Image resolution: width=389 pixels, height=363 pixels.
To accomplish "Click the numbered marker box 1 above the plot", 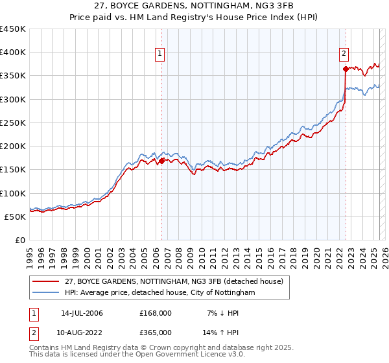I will [x=160, y=54].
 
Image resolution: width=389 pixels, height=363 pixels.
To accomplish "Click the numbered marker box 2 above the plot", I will [x=344, y=54].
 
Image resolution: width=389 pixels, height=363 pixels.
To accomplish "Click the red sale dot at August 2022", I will [x=346, y=68].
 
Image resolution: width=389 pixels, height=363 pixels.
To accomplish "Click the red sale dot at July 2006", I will [x=161, y=161].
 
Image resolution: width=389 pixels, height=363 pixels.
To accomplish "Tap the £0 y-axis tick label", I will [x=20, y=240].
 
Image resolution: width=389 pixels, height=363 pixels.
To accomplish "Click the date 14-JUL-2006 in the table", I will [x=82, y=313].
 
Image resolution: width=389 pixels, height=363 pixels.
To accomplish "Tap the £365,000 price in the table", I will [x=156, y=333].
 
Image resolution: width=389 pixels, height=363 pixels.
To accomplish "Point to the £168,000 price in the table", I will [x=156, y=313].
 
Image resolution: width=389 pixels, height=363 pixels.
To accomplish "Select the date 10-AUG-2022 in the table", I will [x=82, y=333].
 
